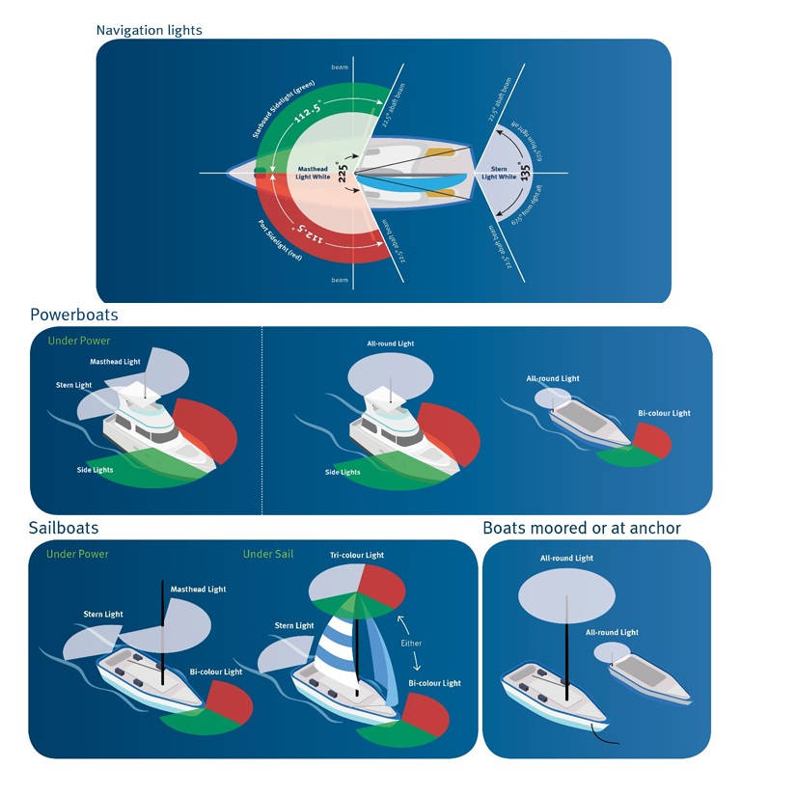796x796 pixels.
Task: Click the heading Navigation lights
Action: point(149,30)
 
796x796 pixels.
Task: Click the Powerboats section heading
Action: point(74,315)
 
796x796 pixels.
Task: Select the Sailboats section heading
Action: point(64,528)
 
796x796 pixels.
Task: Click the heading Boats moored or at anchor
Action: point(582,528)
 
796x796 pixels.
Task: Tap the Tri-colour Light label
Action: point(357,555)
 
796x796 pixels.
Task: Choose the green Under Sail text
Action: point(268,554)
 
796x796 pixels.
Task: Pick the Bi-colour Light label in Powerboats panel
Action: point(664,413)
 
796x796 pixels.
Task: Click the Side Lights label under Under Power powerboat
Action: point(96,470)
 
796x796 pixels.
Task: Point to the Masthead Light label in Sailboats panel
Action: point(198,589)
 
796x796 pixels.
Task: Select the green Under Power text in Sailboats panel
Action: point(77,554)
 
